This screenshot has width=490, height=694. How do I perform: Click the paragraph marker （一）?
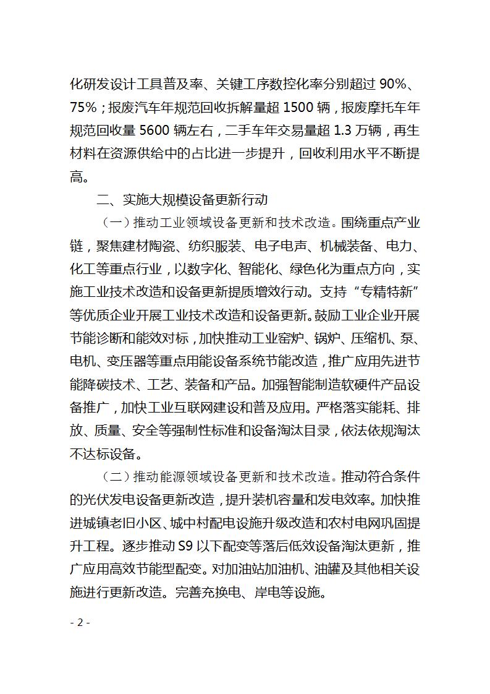[x=114, y=223]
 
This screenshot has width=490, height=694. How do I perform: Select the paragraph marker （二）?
[x=114, y=478]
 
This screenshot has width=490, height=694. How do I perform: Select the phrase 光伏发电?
[x=110, y=501]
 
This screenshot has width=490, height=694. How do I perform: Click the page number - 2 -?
[x=80, y=622]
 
